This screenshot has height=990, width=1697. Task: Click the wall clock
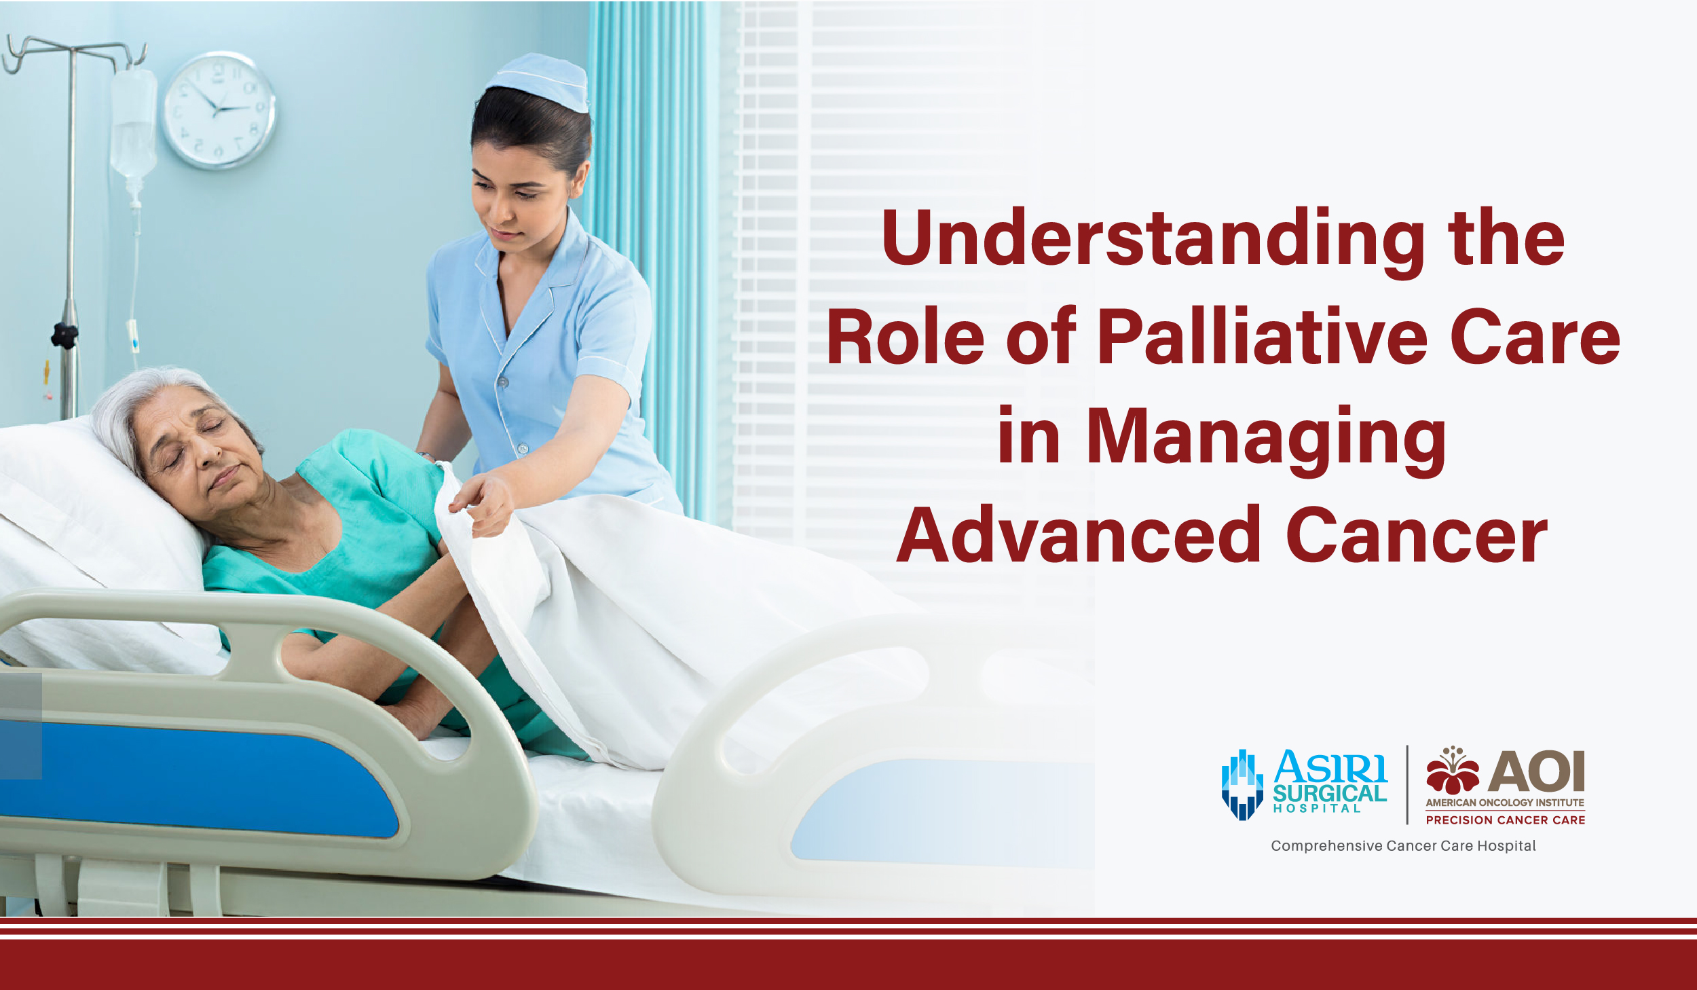(x=219, y=110)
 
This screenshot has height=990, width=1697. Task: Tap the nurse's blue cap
(x=542, y=81)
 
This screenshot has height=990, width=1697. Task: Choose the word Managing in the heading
(x=1266, y=438)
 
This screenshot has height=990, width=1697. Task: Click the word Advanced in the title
(x=1078, y=536)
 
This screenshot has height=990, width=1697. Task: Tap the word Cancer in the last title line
(x=1417, y=536)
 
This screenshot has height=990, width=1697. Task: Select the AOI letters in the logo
(x=1536, y=771)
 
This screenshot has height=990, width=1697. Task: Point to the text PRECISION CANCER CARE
(x=1505, y=820)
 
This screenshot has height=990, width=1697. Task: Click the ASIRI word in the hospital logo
(x=1330, y=767)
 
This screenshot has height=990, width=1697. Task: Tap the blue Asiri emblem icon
(x=1242, y=784)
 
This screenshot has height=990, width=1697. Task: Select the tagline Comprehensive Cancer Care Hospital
(x=1403, y=846)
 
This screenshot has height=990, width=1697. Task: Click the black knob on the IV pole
(x=64, y=335)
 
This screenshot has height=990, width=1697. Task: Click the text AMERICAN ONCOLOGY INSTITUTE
(x=1505, y=803)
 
